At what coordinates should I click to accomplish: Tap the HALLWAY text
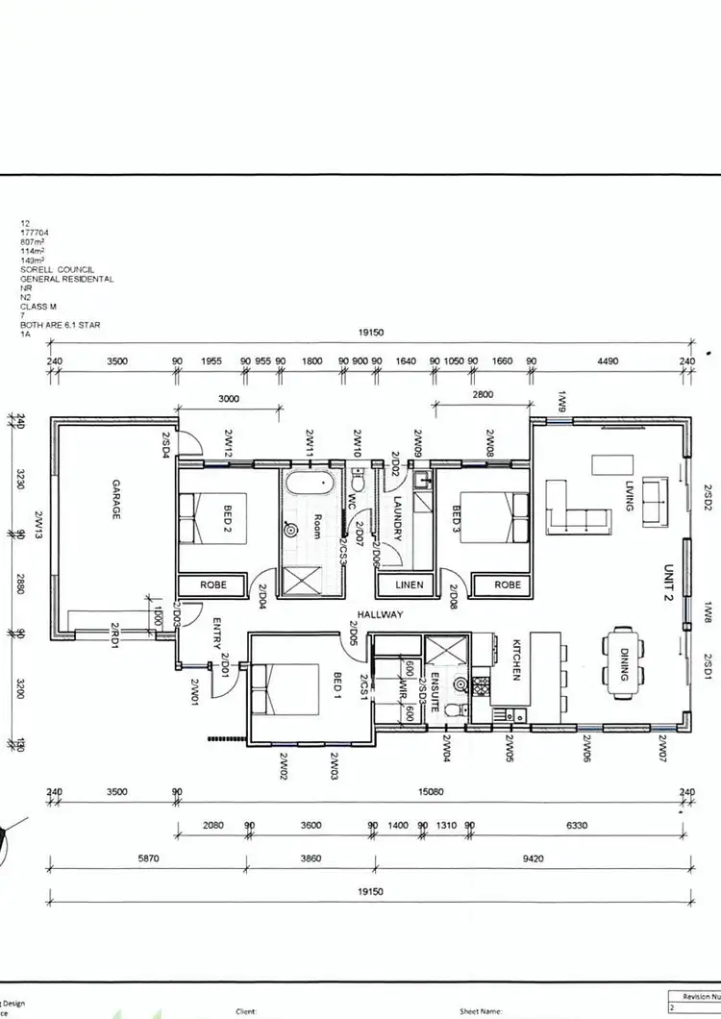[x=380, y=614]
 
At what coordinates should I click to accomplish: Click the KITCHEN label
[x=515, y=659]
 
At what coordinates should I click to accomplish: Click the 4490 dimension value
[x=608, y=361]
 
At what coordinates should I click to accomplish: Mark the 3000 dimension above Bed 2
[x=229, y=397]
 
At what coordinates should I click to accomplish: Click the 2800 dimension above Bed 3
[x=482, y=395]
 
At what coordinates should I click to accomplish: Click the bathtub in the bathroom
[x=308, y=482]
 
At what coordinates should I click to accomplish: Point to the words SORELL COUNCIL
[x=53, y=271]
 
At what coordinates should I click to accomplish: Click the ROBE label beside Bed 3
[x=507, y=584]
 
